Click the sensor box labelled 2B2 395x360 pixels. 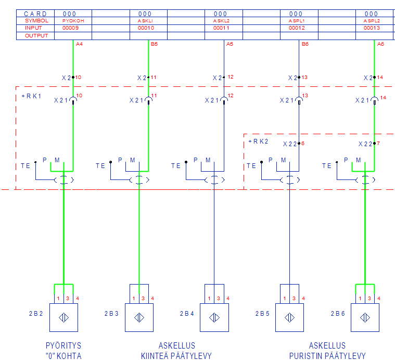(63, 317)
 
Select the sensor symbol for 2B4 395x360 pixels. (214, 317)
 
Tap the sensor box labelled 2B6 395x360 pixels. (365, 317)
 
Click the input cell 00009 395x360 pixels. (70, 28)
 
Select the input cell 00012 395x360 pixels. (296, 28)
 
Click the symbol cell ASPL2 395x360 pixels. (371, 21)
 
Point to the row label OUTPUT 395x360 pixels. (36, 35)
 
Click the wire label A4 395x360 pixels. (79, 44)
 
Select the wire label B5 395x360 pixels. (154, 44)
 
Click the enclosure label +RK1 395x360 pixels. (31, 96)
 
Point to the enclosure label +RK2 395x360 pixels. (258, 141)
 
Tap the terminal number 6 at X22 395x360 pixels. (302, 143)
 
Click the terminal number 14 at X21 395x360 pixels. (383, 97)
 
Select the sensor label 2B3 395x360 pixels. (111, 314)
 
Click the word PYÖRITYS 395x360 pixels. (63, 346)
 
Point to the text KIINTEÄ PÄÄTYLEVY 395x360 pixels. (176, 356)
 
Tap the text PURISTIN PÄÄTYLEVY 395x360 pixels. (327, 356)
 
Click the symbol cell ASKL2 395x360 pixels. (220, 21)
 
